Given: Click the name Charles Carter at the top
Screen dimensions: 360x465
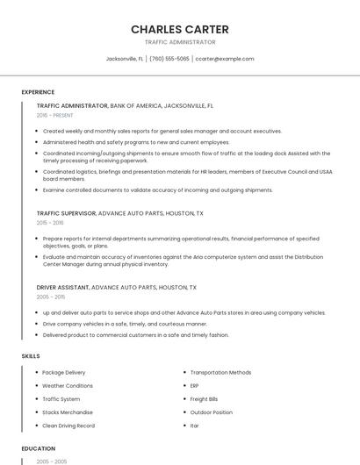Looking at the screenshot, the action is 180,29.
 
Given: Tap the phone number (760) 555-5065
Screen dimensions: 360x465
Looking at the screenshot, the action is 169,59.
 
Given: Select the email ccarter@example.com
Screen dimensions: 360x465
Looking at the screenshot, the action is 225,59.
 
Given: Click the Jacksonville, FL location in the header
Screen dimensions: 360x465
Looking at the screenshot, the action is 125,59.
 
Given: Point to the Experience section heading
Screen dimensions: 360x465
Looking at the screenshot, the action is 38,92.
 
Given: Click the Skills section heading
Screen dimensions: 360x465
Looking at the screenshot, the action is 31,356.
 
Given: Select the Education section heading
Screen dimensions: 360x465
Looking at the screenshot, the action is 39,448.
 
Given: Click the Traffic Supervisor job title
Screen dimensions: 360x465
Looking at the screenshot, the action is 67,213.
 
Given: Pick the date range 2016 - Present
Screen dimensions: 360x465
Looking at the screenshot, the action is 55,115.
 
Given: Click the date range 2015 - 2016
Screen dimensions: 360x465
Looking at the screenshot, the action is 51,223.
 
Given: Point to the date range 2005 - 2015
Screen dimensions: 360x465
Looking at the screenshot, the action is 51,297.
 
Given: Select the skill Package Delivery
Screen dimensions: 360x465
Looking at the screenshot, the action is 64,372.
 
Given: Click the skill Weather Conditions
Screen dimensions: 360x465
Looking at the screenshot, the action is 68,385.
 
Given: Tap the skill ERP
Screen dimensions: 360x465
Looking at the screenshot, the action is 195,385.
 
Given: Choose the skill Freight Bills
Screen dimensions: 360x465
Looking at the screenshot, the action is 205,398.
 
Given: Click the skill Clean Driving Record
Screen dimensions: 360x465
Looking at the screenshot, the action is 68,426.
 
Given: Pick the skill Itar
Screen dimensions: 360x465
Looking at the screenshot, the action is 195,426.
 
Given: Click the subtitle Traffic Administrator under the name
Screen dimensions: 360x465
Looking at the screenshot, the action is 180,42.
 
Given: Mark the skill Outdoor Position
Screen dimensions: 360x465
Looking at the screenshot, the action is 212,412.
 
